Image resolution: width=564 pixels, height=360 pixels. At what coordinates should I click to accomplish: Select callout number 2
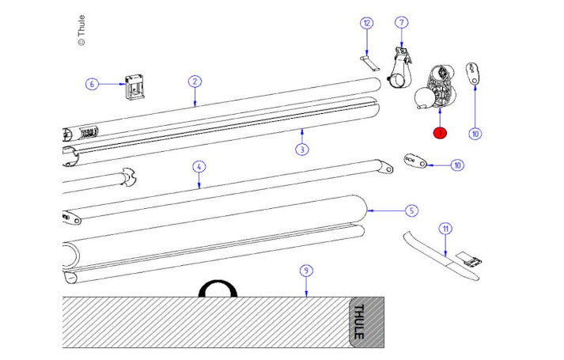coord(195,81)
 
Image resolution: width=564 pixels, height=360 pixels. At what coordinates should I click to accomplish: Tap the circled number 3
coord(302,149)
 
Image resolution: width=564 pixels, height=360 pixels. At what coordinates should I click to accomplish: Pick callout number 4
coord(199,166)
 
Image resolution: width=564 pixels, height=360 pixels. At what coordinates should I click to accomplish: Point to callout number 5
coord(411,210)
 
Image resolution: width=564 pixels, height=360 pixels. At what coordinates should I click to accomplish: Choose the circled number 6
coord(92,83)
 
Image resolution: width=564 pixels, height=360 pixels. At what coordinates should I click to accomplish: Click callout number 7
coord(401,22)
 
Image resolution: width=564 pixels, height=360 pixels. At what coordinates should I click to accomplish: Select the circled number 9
coord(306,271)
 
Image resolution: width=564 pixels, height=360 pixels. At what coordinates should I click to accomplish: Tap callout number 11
coord(446,229)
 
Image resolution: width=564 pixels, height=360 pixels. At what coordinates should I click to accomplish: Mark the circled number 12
coord(365,23)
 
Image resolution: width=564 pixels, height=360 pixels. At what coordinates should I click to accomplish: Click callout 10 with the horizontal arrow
coord(456,165)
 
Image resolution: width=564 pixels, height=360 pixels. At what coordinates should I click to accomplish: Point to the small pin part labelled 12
coord(369,61)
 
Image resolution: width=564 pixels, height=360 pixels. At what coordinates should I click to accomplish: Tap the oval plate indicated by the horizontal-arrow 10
coord(416,161)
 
